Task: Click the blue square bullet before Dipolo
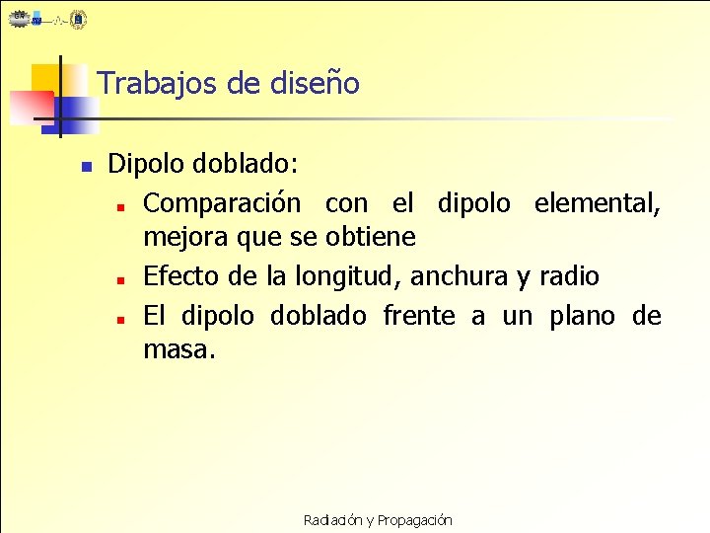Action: (x=86, y=167)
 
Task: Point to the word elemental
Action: (x=596, y=203)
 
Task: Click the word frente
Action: (x=419, y=316)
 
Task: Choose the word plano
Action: (x=583, y=316)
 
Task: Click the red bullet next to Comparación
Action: (x=117, y=207)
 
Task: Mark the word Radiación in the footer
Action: (x=332, y=520)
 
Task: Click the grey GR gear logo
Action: (x=19, y=18)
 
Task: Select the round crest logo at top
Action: (x=79, y=19)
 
